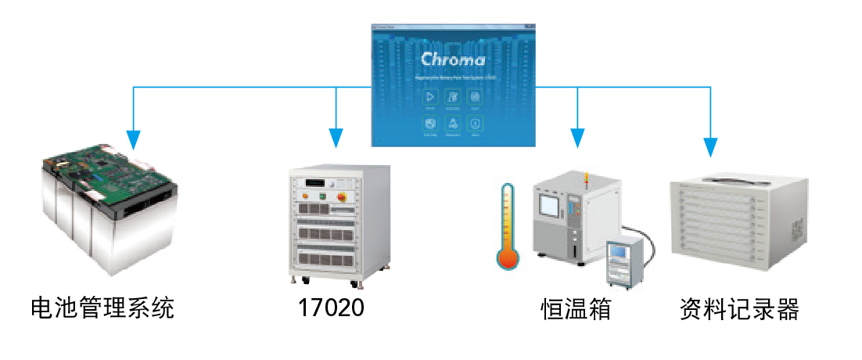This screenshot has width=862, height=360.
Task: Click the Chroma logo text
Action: [x=453, y=59]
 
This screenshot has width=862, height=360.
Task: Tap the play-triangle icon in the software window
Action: [x=429, y=97]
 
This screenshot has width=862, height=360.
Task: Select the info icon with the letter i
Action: [x=475, y=123]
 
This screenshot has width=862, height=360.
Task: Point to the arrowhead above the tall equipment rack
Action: [x=336, y=138]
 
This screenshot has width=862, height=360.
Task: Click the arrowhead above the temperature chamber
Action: [x=578, y=138]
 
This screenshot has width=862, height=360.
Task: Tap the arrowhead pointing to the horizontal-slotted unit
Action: [x=710, y=146]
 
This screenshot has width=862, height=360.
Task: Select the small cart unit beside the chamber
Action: [x=627, y=261]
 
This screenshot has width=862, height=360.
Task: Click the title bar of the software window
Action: [x=453, y=27]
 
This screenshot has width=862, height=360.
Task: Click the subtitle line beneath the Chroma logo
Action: [x=453, y=78]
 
